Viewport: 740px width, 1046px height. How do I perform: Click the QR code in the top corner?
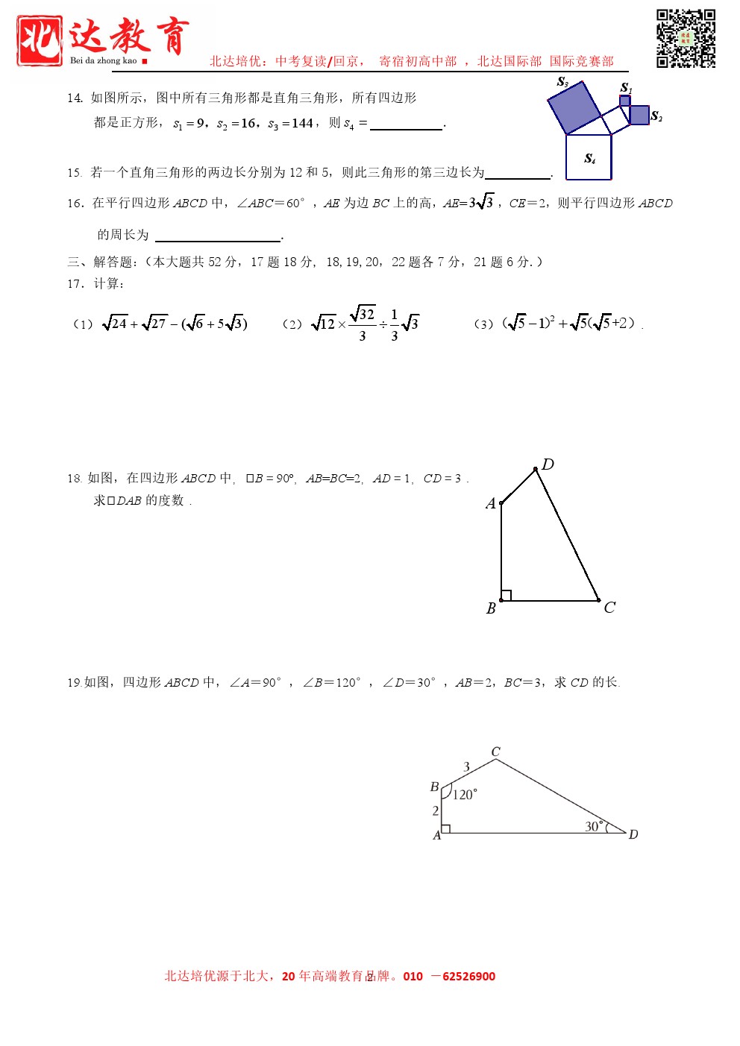click(x=686, y=39)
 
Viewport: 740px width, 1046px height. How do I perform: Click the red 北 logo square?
click(x=40, y=41)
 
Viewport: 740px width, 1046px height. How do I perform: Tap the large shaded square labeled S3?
click(x=574, y=107)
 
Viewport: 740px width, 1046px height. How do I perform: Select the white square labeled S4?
click(x=589, y=157)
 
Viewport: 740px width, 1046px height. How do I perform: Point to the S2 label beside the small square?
click(x=656, y=116)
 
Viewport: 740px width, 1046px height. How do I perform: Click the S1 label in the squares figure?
click(x=626, y=88)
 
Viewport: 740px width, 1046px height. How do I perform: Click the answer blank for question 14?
click(x=406, y=124)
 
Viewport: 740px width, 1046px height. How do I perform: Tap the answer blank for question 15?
click(x=517, y=173)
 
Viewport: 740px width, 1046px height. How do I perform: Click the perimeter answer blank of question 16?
click(x=217, y=236)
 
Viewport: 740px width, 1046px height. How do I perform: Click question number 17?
click(x=75, y=283)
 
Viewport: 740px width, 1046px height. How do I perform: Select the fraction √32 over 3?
click(x=363, y=324)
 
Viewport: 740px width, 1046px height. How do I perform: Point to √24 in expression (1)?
click(x=115, y=324)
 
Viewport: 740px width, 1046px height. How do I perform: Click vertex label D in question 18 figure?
click(x=548, y=464)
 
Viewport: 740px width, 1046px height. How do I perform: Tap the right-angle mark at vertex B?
click(x=506, y=596)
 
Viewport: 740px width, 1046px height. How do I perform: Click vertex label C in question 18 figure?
click(x=609, y=607)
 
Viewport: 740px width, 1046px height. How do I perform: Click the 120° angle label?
click(x=464, y=795)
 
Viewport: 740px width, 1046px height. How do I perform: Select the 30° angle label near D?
click(x=593, y=826)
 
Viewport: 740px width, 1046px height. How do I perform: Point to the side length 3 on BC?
click(x=467, y=766)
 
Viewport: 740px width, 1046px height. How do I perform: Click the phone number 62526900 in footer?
click(x=468, y=977)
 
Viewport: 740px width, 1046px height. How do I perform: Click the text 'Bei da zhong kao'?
click(x=104, y=61)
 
